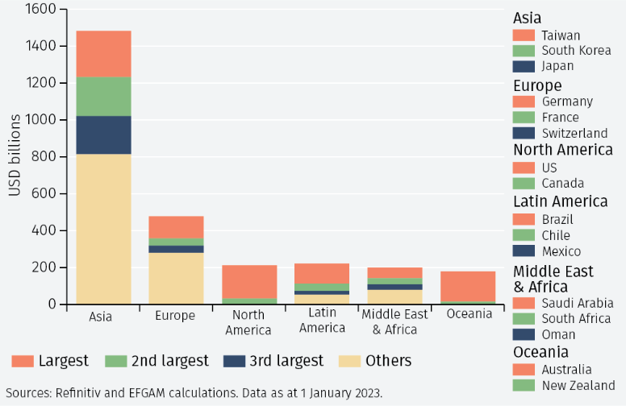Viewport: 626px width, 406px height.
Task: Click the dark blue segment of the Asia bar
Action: click(x=103, y=135)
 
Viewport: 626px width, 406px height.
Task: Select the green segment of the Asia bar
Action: click(x=103, y=96)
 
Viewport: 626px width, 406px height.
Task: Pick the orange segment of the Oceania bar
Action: click(x=468, y=286)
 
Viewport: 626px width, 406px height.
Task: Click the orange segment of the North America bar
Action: click(x=249, y=281)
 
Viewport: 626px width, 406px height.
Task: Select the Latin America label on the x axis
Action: click(x=322, y=320)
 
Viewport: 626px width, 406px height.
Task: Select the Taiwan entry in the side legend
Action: click(x=561, y=35)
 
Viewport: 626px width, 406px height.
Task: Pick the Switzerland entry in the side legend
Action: click(x=574, y=133)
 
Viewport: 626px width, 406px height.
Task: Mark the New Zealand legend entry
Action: click(x=578, y=385)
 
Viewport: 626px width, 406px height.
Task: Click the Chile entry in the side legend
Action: click(x=557, y=235)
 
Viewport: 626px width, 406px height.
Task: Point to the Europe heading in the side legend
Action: click(x=537, y=85)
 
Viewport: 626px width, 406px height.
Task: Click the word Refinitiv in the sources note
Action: click(x=80, y=393)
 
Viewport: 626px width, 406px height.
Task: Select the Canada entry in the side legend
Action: click(x=562, y=183)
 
